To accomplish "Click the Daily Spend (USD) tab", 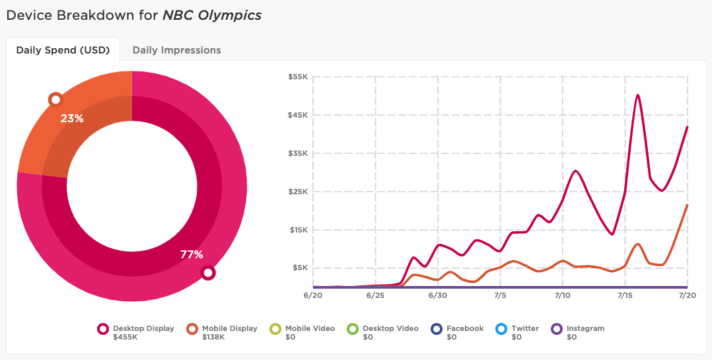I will click(x=63, y=50).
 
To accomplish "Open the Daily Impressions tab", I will click(x=176, y=50).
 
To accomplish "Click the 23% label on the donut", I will click(x=72, y=119).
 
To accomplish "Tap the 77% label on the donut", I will click(x=192, y=254).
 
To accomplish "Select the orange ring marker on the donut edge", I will click(x=55, y=100).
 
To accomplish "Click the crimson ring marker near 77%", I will click(x=208, y=272).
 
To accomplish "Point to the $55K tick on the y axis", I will click(x=298, y=77).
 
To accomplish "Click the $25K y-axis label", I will click(x=298, y=192).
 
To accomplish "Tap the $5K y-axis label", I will click(x=299, y=268).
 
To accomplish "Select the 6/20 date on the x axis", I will click(x=313, y=295).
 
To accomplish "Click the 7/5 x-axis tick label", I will click(x=500, y=295).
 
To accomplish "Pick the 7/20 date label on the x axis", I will click(x=687, y=295).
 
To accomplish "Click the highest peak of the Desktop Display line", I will click(x=638, y=95).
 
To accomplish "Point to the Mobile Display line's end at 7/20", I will click(x=687, y=205).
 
